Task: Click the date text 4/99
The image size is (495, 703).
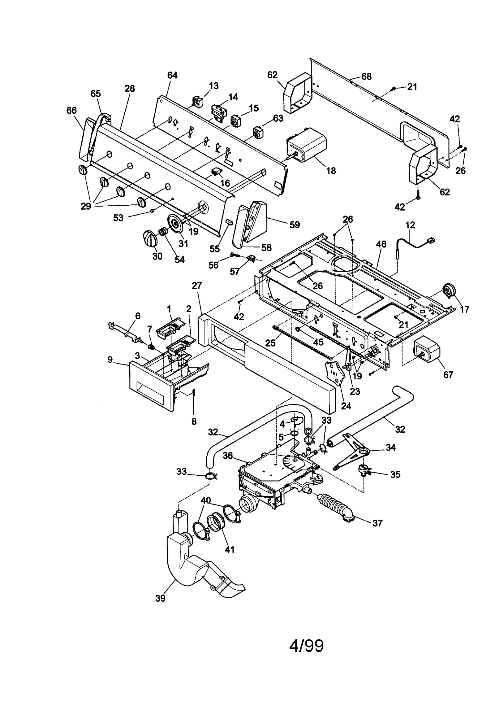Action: click(x=306, y=646)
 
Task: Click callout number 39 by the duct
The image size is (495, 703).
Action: click(x=160, y=598)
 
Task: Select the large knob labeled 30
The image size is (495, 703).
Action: click(x=151, y=239)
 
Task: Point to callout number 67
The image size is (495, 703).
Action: click(x=448, y=375)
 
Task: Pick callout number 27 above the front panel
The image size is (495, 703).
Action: click(x=197, y=286)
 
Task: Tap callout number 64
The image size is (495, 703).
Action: click(x=172, y=75)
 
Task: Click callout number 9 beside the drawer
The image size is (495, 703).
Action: click(x=110, y=360)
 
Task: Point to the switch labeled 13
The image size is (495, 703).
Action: click(x=197, y=101)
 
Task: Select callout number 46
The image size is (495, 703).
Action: click(x=381, y=244)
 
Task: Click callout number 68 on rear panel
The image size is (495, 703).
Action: click(x=366, y=76)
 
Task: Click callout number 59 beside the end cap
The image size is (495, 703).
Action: click(x=295, y=225)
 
